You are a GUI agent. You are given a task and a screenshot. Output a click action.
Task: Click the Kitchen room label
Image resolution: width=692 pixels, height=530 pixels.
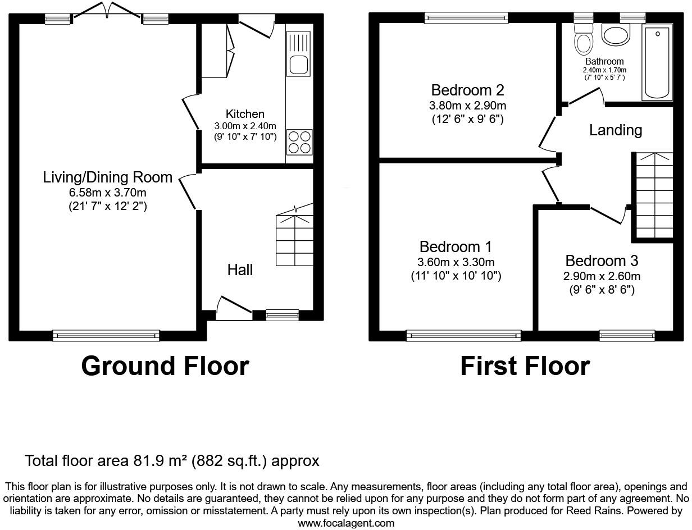tap(245, 114)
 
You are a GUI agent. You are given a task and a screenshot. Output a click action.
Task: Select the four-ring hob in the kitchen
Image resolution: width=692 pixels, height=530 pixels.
tap(299, 141)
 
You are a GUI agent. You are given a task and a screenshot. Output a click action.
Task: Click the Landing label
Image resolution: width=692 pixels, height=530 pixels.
tap(616, 130)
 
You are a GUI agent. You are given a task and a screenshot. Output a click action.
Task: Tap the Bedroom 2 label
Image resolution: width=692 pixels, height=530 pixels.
tap(467, 90)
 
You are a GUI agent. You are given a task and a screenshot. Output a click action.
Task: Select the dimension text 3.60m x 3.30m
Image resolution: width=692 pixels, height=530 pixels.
tap(456, 262)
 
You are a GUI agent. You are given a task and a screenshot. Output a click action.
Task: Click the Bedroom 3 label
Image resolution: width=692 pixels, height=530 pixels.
tap(602, 261)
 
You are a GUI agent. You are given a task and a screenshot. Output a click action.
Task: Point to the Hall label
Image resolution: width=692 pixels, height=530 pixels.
tap(240, 270)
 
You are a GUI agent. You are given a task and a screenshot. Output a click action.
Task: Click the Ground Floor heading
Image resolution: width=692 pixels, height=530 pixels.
tap(165, 366)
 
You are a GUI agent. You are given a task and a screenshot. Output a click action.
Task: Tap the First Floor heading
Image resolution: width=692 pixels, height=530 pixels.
tap(525, 366)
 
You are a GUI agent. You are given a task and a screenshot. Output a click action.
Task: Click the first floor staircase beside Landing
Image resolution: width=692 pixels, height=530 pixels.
tap(654, 197)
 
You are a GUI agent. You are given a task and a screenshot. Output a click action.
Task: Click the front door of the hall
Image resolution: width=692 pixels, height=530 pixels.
tap(233, 309)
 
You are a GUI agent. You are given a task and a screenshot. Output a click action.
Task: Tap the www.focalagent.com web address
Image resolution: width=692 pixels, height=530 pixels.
tap(346, 523)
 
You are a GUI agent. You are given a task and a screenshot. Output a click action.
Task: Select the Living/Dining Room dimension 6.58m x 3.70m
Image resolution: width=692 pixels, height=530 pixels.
tap(108, 193)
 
